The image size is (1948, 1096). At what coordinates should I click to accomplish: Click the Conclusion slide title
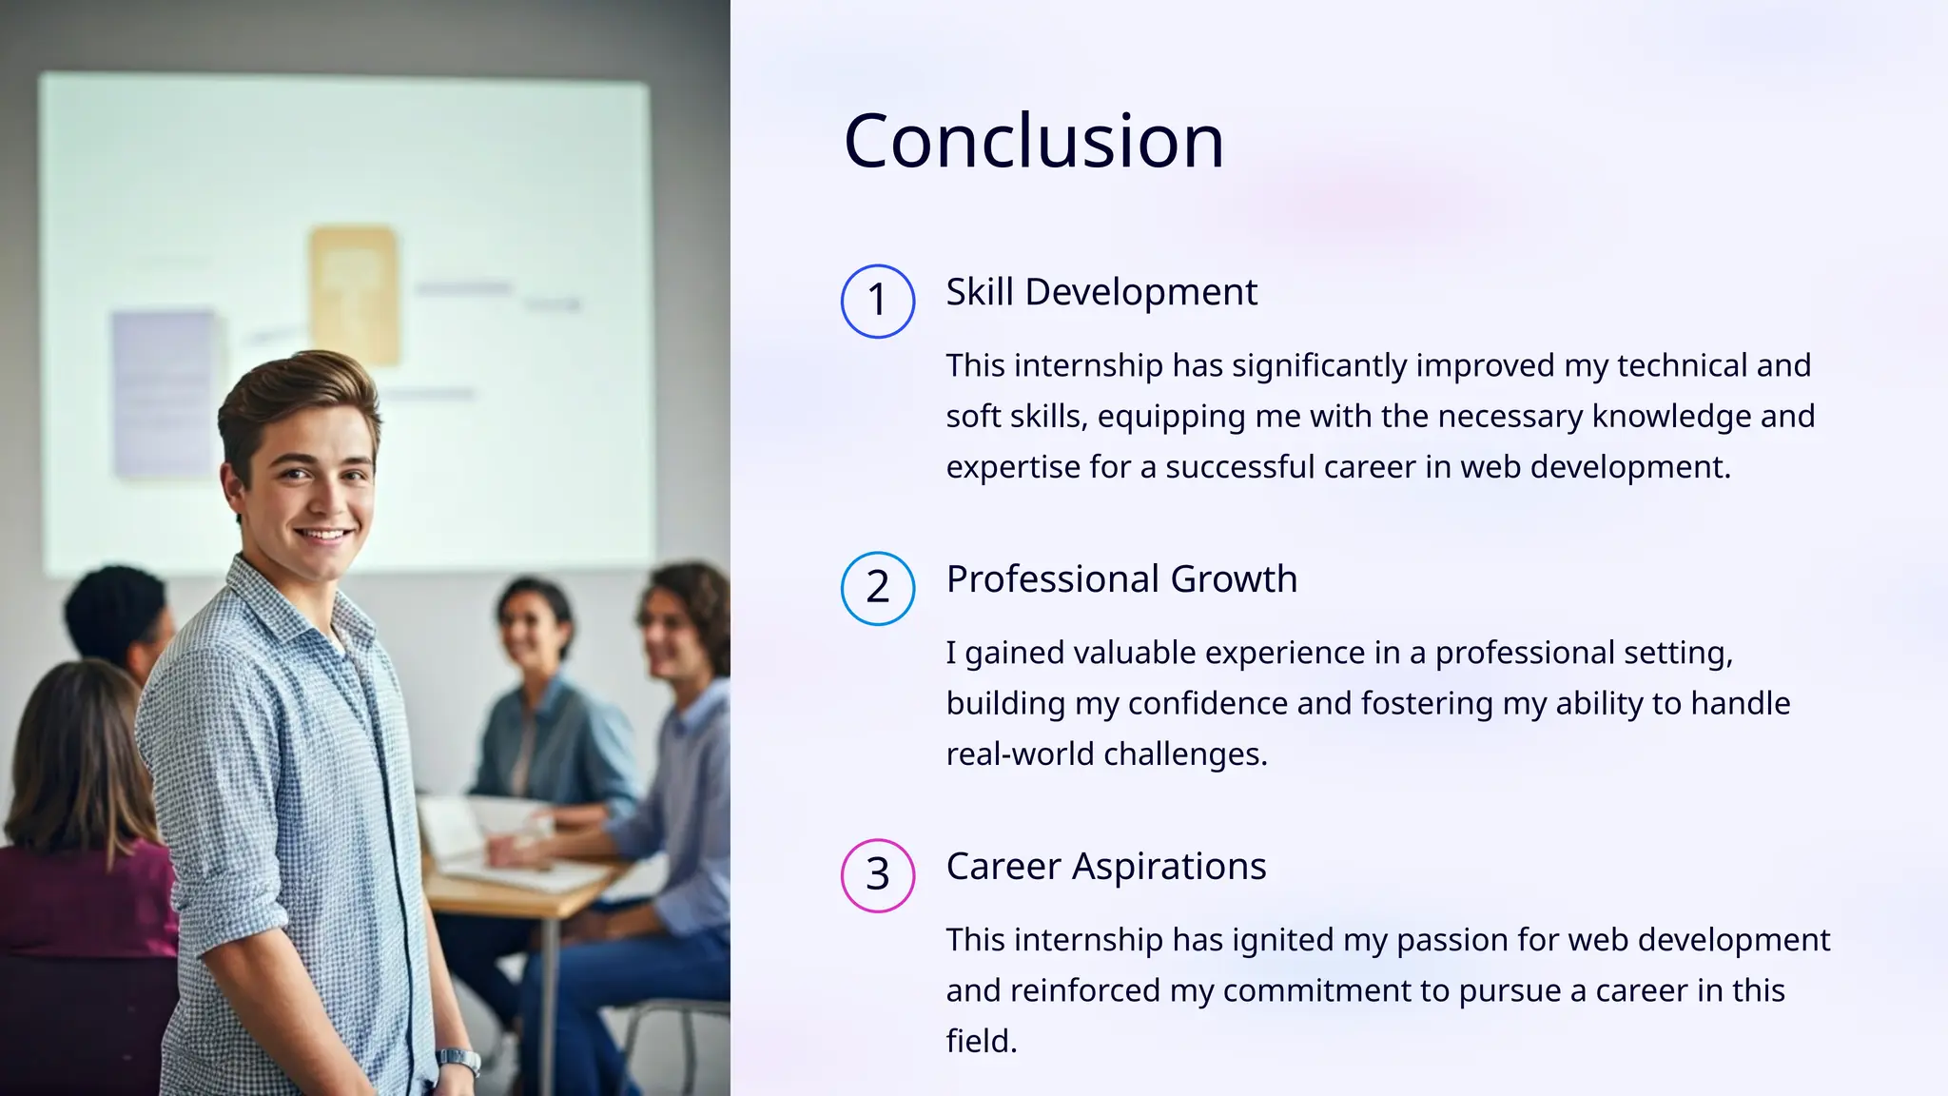(x=1033, y=141)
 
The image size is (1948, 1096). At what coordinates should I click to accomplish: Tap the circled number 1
(x=878, y=301)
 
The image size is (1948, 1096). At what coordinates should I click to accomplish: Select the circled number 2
(x=878, y=588)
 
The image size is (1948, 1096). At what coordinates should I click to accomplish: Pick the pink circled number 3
(x=878, y=875)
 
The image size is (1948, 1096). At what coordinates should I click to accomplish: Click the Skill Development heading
(x=1101, y=292)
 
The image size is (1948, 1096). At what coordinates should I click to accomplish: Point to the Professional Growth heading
(x=1121, y=579)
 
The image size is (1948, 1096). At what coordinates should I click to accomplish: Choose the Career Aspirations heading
(x=1105, y=867)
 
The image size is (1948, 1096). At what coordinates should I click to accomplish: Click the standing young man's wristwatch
(x=458, y=1058)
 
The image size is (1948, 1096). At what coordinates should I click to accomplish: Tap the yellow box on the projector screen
(x=353, y=295)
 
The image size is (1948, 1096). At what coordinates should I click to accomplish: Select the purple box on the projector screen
(x=164, y=392)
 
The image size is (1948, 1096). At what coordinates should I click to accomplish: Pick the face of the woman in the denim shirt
(x=531, y=623)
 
